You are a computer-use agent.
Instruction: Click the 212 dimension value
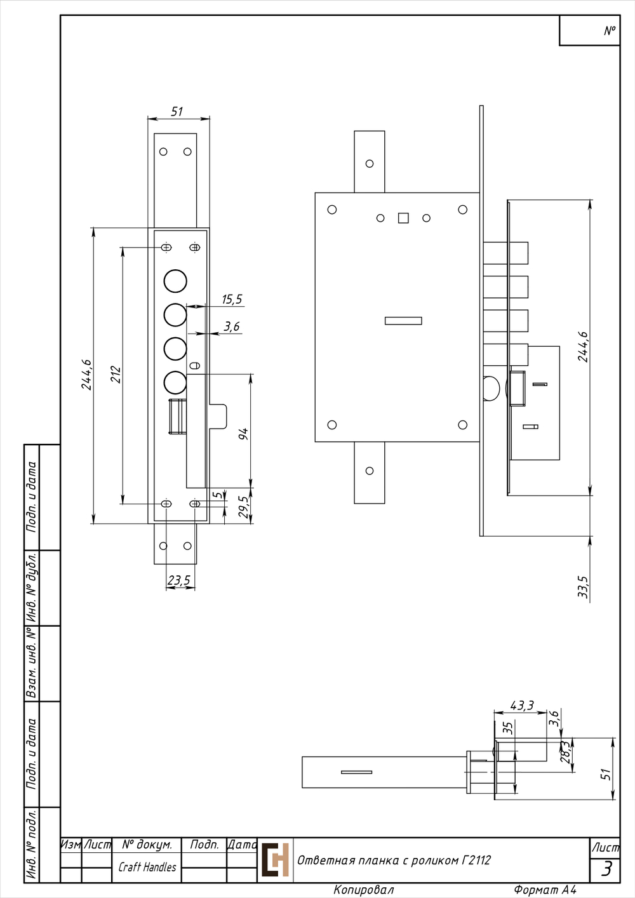coord(116,375)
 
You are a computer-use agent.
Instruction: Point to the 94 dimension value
coord(243,434)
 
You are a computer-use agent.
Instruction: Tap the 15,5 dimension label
coord(232,300)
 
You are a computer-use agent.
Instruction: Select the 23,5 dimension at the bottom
coord(179,580)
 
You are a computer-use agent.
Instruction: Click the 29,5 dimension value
coord(243,507)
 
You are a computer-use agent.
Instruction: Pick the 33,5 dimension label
coord(583,587)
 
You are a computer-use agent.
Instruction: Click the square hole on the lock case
coord(403,218)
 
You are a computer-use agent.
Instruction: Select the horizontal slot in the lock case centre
coord(403,321)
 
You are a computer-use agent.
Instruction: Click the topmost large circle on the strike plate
coord(175,281)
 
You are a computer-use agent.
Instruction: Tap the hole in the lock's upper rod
coord(370,164)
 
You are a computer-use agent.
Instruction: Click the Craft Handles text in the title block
coord(147,867)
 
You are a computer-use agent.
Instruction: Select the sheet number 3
coord(607,869)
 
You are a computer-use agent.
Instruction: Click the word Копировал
coord(364,890)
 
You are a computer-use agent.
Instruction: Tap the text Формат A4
coord(545,890)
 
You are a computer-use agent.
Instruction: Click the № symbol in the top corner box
coord(610,30)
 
